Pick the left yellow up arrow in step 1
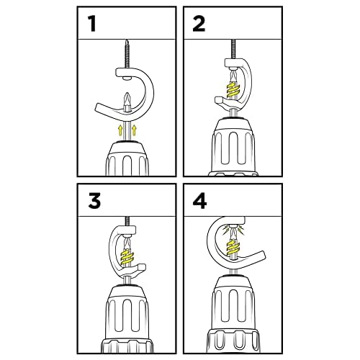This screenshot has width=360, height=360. coord(120,130)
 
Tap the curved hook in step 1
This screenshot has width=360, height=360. coord(150,90)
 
